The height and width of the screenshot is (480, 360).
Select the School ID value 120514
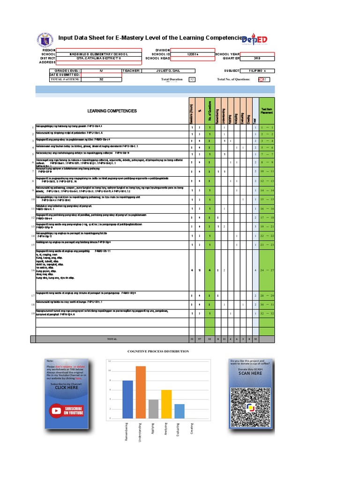[x=193, y=54]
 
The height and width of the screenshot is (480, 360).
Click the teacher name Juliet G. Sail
[x=167, y=71]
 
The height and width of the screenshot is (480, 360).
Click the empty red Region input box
[x=99, y=50]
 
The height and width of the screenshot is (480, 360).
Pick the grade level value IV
[x=101, y=71]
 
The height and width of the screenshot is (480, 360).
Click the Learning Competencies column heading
[x=112, y=111]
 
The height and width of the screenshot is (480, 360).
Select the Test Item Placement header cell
[x=266, y=111]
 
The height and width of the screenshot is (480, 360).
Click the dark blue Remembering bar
[x=127, y=399]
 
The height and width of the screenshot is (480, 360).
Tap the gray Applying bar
[x=153, y=409]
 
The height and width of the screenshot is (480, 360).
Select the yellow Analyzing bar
[x=166, y=404]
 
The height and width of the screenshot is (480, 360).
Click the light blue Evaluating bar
[x=179, y=411]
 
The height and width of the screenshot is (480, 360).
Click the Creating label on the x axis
[x=192, y=429]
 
